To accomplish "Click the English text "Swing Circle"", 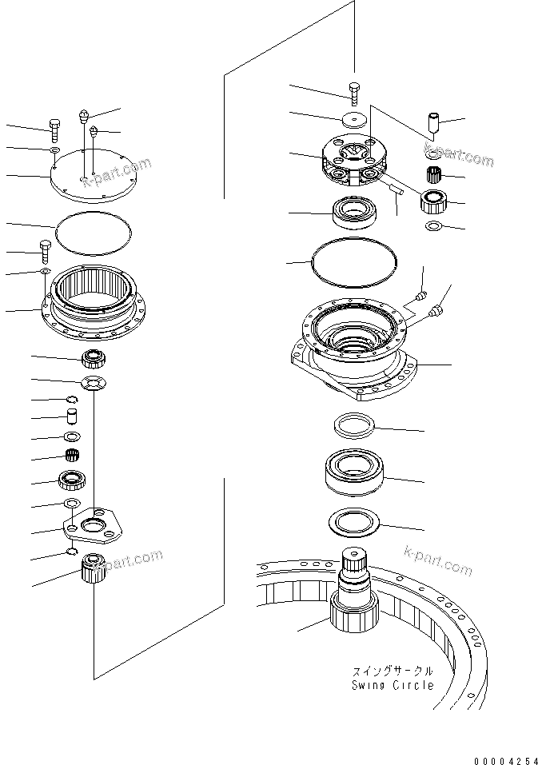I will pos(393,685).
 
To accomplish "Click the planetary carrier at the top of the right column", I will pos(352,161).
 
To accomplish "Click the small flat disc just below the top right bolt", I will pos(353,120).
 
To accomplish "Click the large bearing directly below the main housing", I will pos(356,472).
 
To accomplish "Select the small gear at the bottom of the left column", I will pos(94,570).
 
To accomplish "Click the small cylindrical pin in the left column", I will pos(71,416).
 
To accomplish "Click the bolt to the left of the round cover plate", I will pos(54,127).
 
